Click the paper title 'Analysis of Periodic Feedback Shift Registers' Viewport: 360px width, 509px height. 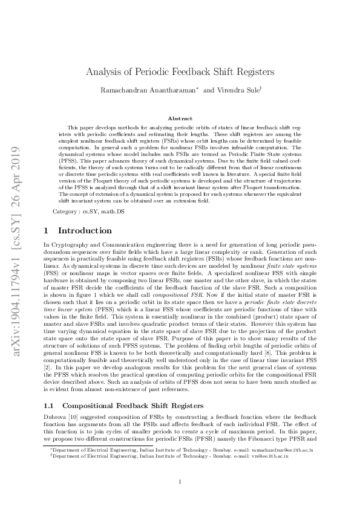180,71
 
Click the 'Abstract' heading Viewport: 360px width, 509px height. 180,118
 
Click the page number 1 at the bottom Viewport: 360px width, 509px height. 180,481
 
